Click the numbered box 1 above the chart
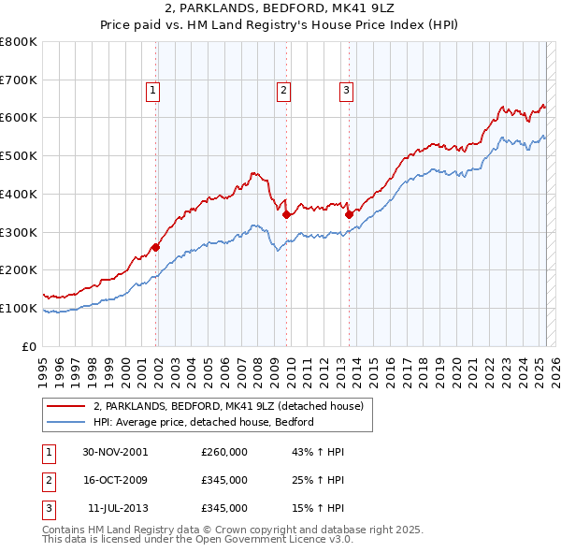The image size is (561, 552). [x=152, y=91]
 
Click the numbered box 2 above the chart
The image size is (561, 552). [x=282, y=91]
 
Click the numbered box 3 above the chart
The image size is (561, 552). [x=345, y=91]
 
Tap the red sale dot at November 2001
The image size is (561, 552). [x=156, y=247]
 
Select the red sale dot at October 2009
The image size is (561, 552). [x=286, y=214]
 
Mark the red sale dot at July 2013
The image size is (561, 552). [x=349, y=214]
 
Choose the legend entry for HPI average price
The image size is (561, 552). [x=203, y=422]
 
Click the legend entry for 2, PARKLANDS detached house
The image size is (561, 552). [x=234, y=406]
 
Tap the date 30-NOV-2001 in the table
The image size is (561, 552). [x=115, y=452]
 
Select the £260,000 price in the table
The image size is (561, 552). [x=224, y=452]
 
